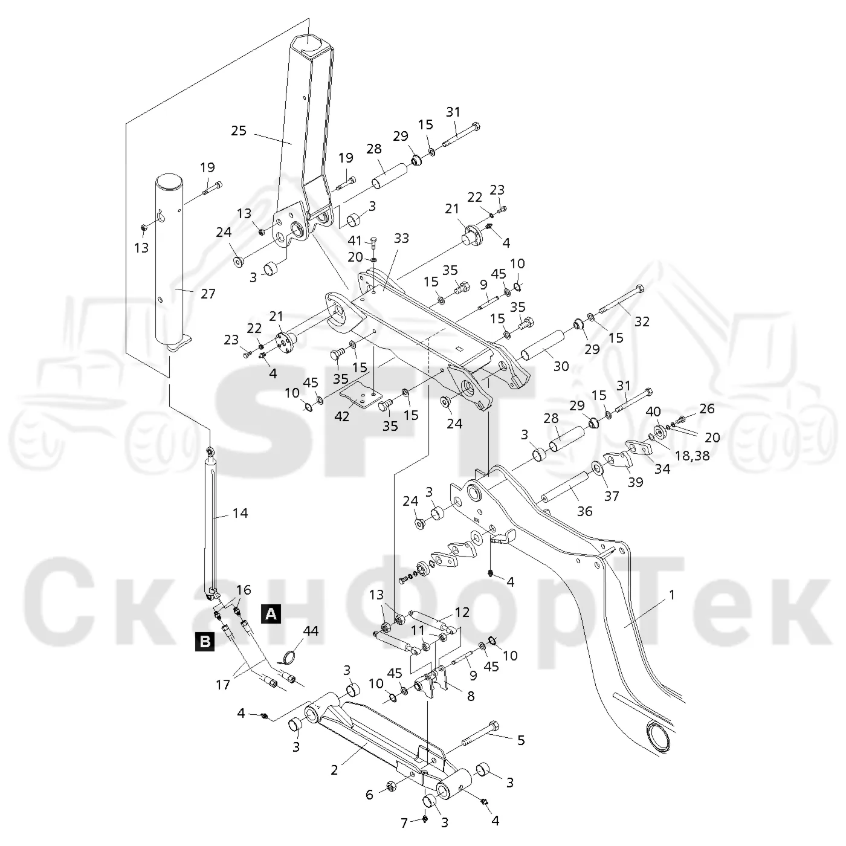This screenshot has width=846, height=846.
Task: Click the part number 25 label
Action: [x=239, y=131]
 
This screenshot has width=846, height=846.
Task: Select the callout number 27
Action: [x=208, y=294]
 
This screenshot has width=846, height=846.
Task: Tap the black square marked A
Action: [x=271, y=614]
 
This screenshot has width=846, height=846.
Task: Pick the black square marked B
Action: [x=205, y=641]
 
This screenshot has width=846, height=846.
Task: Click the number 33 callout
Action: [x=401, y=238]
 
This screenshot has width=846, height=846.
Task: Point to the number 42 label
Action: [x=341, y=416]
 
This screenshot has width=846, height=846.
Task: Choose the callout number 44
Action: [x=311, y=631]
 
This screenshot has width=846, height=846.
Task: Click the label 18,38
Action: [x=693, y=456]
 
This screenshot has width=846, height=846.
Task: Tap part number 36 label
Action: [x=585, y=511]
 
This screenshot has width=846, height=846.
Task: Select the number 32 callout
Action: [x=642, y=321]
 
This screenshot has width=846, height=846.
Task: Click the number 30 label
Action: [x=561, y=366]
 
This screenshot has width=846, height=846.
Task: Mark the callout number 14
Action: [x=240, y=513]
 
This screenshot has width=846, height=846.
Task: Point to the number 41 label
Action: [x=355, y=241]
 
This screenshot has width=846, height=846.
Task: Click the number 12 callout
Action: [x=462, y=612]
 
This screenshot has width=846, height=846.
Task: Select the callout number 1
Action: [x=671, y=595]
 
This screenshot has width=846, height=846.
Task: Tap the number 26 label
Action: [x=707, y=408]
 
